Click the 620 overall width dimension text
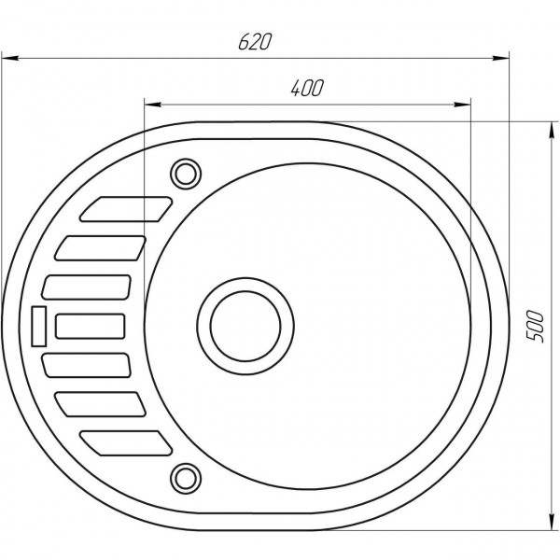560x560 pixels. [x=253, y=42]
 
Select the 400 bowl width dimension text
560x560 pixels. [x=306, y=89]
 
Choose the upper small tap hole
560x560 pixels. [x=185, y=173]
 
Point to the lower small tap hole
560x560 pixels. [x=185, y=478]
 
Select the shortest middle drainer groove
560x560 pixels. [x=91, y=326]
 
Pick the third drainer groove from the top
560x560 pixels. [x=89, y=287]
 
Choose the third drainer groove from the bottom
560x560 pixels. [x=89, y=365]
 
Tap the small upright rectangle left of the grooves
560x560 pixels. [x=40, y=326]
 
